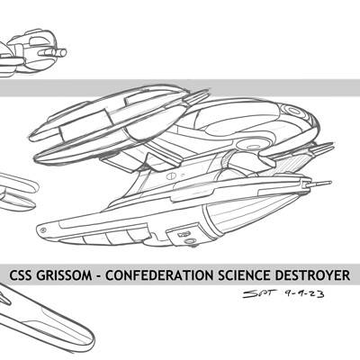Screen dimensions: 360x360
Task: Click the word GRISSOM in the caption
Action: (x=64, y=275)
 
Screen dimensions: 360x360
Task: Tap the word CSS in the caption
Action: (x=21, y=275)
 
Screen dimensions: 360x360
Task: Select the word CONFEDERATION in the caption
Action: (x=159, y=275)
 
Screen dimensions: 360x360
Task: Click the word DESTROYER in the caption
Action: (x=309, y=275)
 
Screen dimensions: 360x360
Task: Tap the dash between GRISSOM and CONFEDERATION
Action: (x=99, y=276)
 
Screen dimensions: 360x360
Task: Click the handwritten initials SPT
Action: (x=258, y=293)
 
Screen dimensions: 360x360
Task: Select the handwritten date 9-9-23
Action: (x=304, y=293)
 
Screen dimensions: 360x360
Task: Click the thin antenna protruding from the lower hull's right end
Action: (x=321, y=183)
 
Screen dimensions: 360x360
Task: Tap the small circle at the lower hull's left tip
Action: (x=43, y=230)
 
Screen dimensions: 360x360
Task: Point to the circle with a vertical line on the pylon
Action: (x=170, y=176)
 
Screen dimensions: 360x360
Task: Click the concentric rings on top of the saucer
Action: (x=294, y=111)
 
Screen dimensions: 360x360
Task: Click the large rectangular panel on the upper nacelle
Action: (x=86, y=123)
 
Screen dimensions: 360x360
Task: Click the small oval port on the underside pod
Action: (x=189, y=241)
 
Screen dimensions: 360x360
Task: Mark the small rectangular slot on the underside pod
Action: (x=184, y=234)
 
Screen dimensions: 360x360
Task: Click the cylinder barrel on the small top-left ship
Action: (x=53, y=53)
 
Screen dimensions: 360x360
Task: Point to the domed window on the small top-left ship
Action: (x=38, y=41)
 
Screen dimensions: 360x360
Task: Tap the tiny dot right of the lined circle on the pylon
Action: (x=183, y=174)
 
